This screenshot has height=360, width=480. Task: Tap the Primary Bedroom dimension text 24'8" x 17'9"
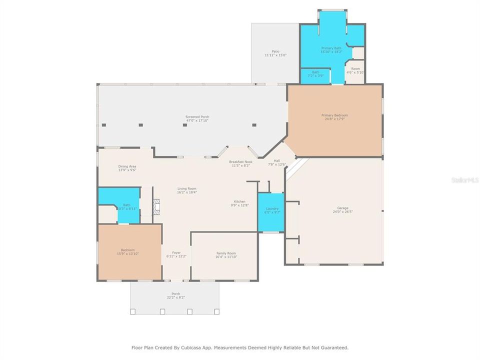(x=334, y=119)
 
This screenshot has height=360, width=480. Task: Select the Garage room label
(x=342, y=207)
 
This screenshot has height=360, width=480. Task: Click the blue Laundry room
(x=271, y=212)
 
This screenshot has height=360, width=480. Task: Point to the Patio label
(x=275, y=51)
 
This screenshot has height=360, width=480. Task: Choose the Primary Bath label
(x=331, y=48)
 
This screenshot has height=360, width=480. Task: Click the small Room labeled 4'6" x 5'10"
(x=355, y=70)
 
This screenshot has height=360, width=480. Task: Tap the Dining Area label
(x=127, y=166)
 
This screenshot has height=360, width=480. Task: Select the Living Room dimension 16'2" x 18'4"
(x=187, y=192)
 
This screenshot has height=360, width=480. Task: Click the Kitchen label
(x=239, y=201)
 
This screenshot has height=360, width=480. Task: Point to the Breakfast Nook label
(x=241, y=161)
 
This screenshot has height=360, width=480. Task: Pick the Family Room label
(x=226, y=253)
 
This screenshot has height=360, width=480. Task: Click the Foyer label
(x=176, y=252)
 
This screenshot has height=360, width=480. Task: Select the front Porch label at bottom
(x=175, y=293)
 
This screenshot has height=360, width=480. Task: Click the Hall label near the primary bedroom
(x=276, y=160)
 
